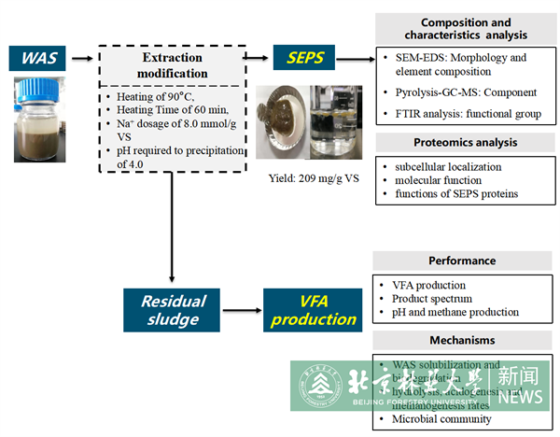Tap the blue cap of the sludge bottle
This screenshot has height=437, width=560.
click(40, 89)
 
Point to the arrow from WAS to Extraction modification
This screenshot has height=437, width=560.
click(85, 60)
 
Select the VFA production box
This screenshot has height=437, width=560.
click(311, 309)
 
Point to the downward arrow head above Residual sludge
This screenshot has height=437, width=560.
click(174, 277)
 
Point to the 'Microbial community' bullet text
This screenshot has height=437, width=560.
click(441, 419)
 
